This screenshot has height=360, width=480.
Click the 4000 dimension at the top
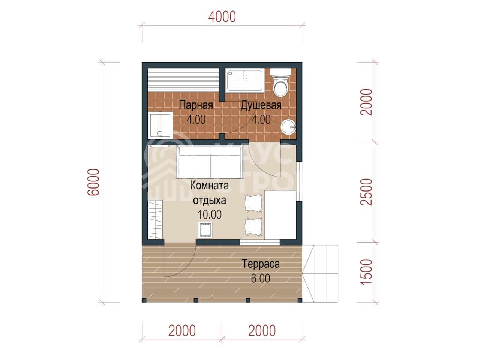point(222,17)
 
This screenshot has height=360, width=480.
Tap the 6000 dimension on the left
point(93,182)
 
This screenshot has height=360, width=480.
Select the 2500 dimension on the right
point(366,192)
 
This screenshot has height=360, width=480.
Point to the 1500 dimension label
point(366,272)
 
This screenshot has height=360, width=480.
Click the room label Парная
point(196,105)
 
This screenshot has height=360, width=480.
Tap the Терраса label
point(261,264)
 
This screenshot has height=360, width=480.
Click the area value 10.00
point(210,214)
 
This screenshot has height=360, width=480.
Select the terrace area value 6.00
point(261,278)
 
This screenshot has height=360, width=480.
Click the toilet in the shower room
point(280,82)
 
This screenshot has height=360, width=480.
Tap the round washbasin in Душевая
point(288,126)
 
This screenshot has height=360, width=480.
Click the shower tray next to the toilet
point(244,80)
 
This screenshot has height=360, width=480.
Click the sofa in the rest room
point(210,162)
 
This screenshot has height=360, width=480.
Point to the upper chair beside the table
point(253,203)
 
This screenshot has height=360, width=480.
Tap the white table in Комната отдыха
point(280,215)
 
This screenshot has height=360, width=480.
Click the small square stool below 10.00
point(205,230)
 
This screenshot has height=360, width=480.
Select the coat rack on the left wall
point(155,219)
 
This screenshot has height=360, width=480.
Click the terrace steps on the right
point(320,274)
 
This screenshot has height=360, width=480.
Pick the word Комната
point(209,186)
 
